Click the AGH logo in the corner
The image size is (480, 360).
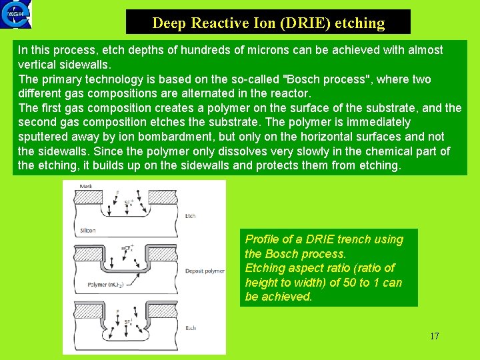15,15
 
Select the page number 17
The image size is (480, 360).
434,336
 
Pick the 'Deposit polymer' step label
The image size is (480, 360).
205,271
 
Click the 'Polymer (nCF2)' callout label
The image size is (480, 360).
107,285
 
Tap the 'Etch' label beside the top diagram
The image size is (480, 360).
190,216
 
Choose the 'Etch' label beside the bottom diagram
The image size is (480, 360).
191,329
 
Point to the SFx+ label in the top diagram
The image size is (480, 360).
129,203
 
